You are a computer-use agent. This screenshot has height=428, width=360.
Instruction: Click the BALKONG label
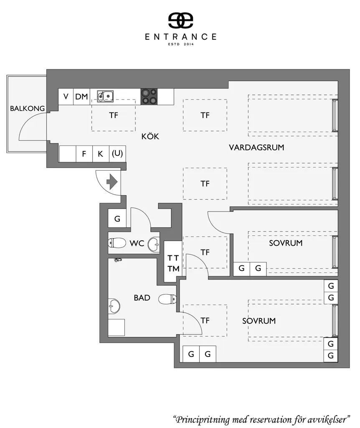[x=27, y=108]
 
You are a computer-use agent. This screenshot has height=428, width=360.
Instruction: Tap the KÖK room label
[x=150, y=136]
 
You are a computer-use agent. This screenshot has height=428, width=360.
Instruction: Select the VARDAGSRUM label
[x=256, y=148]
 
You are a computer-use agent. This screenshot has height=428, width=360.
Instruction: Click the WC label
[x=137, y=243]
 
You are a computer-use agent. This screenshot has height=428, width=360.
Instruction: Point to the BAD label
[x=142, y=298]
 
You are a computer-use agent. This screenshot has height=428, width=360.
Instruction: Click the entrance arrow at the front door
[x=112, y=181]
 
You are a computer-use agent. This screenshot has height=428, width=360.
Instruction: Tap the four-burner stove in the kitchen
[x=149, y=97]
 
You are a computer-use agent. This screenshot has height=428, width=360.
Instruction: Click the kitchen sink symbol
[x=105, y=96]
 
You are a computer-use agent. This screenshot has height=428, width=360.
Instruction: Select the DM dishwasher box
[x=81, y=97]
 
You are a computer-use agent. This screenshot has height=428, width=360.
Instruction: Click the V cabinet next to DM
[x=66, y=97]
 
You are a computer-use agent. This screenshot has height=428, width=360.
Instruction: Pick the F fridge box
[x=84, y=154]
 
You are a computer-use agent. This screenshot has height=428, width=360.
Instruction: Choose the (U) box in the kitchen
[x=117, y=154]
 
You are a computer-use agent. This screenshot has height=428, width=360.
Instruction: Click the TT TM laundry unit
[x=173, y=262]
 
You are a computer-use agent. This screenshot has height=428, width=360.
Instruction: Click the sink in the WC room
[x=154, y=244]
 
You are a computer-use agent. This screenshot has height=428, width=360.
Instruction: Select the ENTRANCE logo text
[x=180, y=37]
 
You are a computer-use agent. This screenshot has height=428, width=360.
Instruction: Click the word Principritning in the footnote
[x=203, y=419]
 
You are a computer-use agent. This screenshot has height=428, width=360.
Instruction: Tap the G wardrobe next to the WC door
[x=117, y=218]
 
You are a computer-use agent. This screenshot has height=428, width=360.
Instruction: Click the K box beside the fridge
[x=101, y=154]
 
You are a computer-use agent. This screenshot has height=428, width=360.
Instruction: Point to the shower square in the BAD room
[x=117, y=327]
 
